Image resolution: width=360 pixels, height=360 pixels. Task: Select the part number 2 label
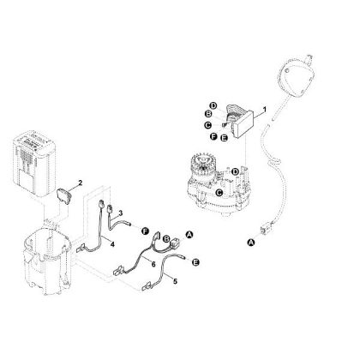pyautogui.click(x=80, y=183)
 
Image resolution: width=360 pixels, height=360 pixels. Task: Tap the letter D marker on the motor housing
pyautogui.click(x=235, y=172)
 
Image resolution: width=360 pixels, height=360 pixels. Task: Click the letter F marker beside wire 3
pyautogui.click(x=146, y=231)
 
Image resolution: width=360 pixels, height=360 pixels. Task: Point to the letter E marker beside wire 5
pyautogui.click(x=196, y=261)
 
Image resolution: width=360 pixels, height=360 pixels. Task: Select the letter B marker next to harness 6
pyautogui.click(x=168, y=241)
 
